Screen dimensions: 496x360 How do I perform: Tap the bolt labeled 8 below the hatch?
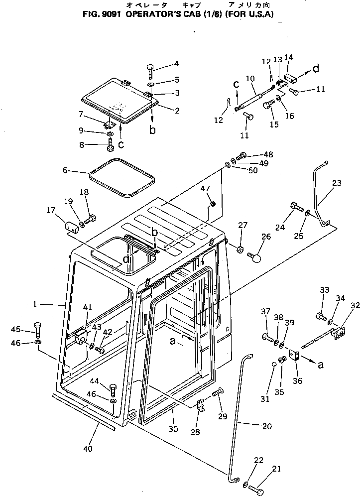click(x=111, y=145)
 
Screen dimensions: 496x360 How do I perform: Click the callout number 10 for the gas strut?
click(x=250, y=78)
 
